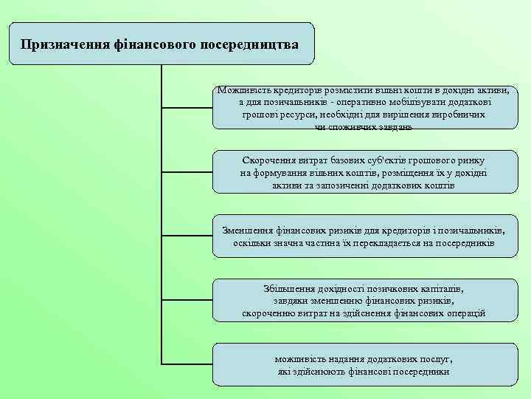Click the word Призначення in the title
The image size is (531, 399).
point(65,44)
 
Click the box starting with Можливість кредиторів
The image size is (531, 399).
point(365,108)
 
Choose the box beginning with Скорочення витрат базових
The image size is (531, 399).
point(365,173)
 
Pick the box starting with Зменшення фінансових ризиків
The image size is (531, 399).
point(365,236)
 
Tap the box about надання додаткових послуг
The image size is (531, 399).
point(365,364)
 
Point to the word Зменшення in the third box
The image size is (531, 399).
point(249,229)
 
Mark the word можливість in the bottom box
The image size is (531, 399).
point(301,358)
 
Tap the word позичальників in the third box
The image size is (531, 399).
point(471,229)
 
